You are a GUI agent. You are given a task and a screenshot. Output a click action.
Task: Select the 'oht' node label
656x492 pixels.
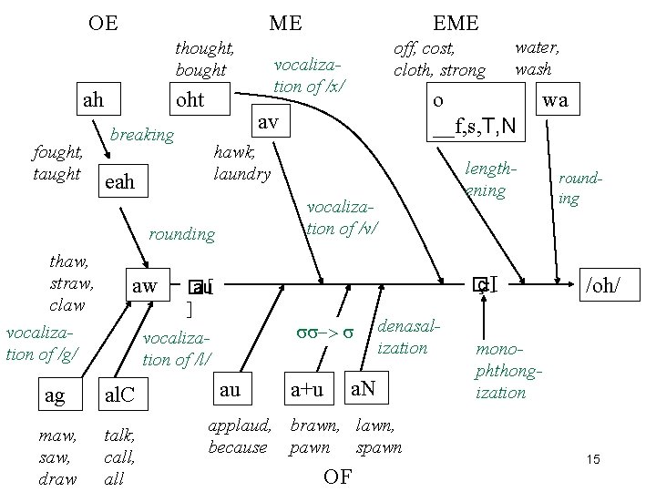(190, 99)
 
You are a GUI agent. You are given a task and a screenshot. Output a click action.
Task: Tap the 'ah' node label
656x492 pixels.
(93, 99)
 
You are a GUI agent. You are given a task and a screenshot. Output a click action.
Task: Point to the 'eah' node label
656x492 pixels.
(119, 181)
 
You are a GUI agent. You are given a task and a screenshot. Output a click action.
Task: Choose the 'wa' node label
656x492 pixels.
(554, 99)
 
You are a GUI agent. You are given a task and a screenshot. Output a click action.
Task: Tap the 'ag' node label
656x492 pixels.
(54, 395)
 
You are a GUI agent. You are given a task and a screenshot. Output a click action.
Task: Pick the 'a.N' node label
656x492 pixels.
(364, 391)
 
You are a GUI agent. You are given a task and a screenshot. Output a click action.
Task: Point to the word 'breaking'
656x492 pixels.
(141, 135)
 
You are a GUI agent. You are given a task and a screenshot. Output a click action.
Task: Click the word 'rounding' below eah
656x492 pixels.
(181, 234)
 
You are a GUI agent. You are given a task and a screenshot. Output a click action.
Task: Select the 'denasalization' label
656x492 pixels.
(402, 336)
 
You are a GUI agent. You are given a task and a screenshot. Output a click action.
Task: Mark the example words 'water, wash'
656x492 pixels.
(538, 56)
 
